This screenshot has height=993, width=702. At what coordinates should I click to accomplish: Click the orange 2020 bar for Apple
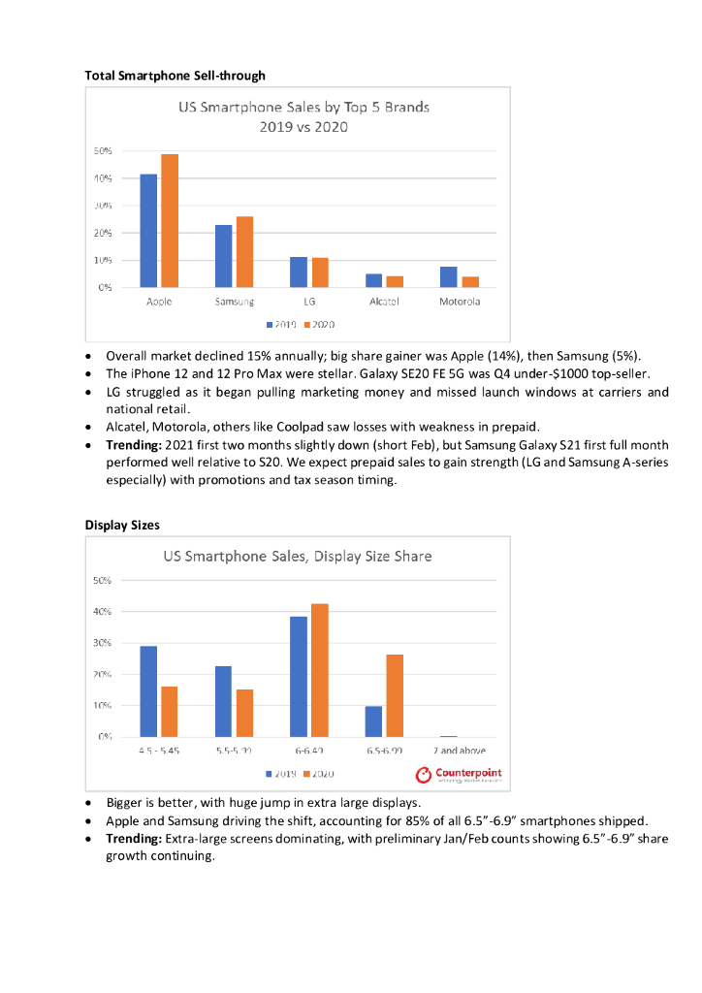tap(170, 221)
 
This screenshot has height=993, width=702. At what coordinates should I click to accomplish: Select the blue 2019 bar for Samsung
tap(224, 256)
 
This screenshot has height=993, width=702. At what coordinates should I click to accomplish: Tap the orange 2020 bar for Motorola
tap(470, 282)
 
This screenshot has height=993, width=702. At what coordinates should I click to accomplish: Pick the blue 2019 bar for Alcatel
tap(374, 280)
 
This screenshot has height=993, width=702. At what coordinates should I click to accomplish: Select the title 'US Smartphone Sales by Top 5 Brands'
tap(303, 107)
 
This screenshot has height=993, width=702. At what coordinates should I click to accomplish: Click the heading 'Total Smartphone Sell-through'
tap(175, 75)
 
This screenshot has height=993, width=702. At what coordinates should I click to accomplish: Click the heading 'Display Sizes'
tap(121, 525)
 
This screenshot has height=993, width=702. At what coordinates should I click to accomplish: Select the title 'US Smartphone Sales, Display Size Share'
tap(297, 557)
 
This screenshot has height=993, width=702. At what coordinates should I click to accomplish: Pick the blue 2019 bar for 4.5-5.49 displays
tap(148, 691)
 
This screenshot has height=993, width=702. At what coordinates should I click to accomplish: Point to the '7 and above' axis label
tap(459, 751)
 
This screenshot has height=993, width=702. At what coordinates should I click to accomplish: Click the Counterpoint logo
tap(459, 774)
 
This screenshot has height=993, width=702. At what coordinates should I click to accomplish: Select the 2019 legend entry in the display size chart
tap(280, 774)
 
